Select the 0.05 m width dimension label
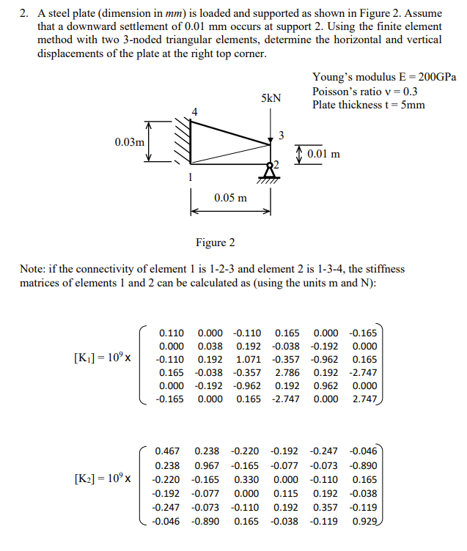coord(229,198)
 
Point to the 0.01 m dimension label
coord(324,155)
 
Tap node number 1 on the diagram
coord(189,177)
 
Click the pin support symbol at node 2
coord(268,171)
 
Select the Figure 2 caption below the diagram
coord(215,243)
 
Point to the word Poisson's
coord(337,92)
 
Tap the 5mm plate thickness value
coord(411,105)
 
